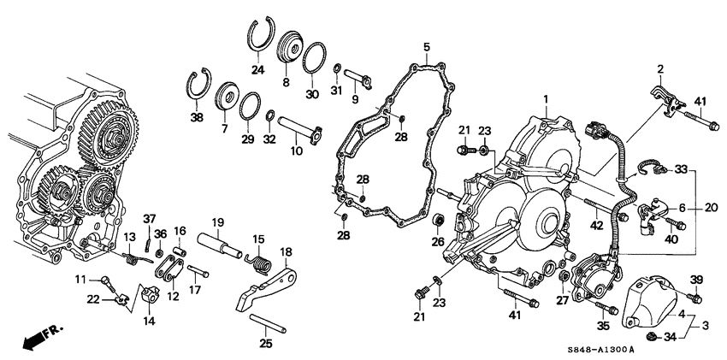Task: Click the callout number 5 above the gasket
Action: (x=427, y=47)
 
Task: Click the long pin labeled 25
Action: (x=268, y=323)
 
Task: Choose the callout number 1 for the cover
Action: (x=547, y=98)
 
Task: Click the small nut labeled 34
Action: (x=653, y=337)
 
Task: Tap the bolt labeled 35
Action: (x=606, y=308)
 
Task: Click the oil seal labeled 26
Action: (x=437, y=221)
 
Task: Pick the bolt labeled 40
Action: (x=676, y=224)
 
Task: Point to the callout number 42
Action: (x=596, y=226)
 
